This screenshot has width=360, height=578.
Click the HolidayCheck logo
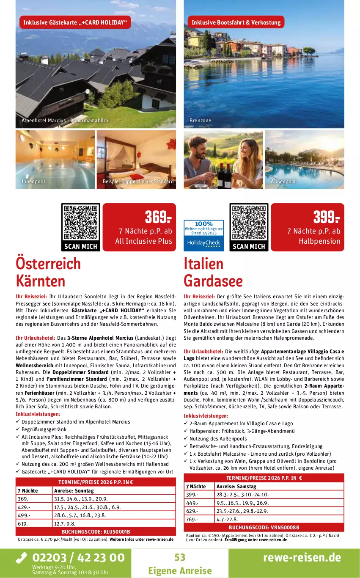pyautogui.click(x=203, y=244)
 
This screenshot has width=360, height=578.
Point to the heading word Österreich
pyautogui.click(x=48, y=264)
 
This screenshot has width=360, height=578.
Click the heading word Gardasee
pyautogui.click(x=213, y=281)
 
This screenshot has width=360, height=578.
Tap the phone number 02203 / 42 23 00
pyautogui.click(x=70, y=558)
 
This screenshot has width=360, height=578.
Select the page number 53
pyautogui.click(x=180, y=557)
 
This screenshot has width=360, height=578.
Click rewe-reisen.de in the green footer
pyautogui.click(x=302, y=557)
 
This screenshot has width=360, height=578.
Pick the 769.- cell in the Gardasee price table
pyautogui.click(x=192, y=520)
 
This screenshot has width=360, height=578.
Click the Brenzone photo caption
pyautogui.click(x=200, y=121)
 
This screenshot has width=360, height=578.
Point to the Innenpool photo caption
pyautogui.click(x=33, y=182)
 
